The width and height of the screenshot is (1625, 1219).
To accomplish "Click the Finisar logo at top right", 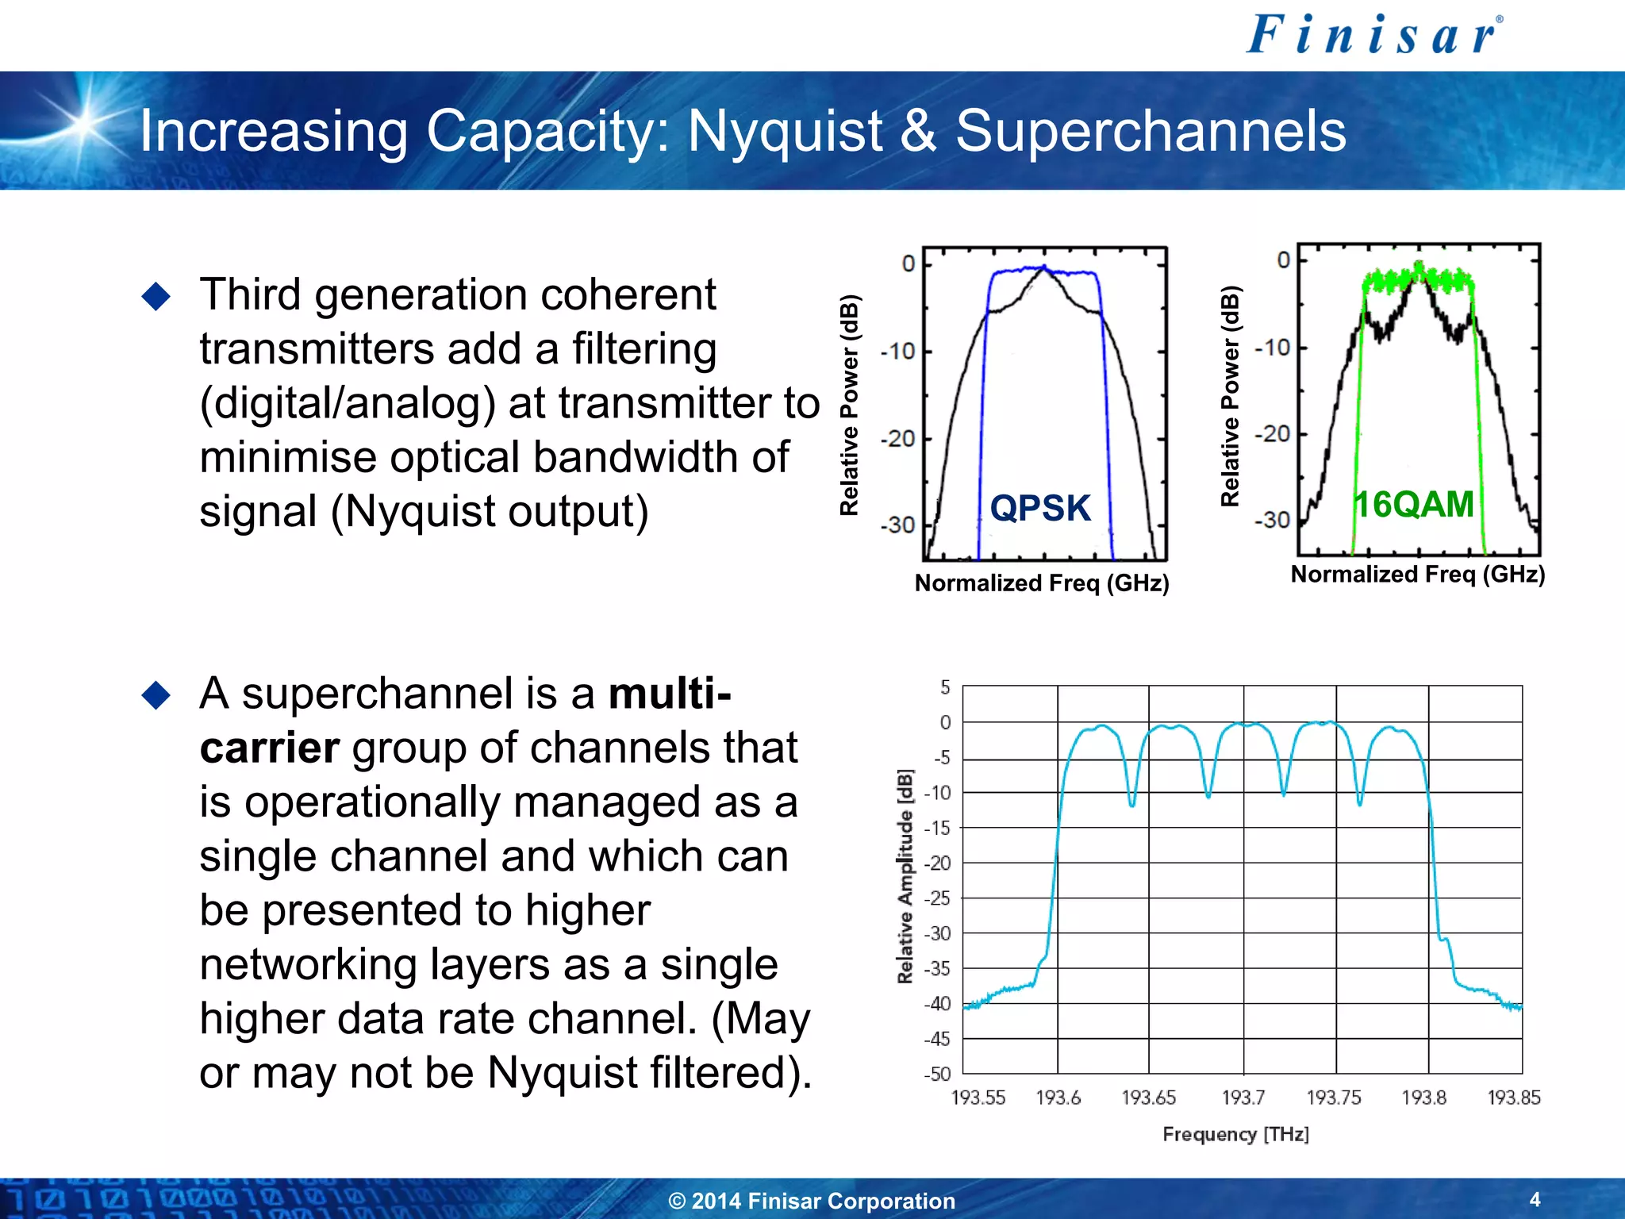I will [x=1373, y=36].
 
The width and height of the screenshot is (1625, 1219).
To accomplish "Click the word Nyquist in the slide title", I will [x=785, y=131].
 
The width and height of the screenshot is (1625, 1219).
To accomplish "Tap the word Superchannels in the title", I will [x=1151, y=131].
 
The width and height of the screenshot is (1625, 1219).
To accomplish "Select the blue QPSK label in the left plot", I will [x=1040, y=508].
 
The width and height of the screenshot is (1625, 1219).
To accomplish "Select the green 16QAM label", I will [x=1413, y=504].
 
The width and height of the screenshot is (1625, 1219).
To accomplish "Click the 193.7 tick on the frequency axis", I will [x=1243, y=1098].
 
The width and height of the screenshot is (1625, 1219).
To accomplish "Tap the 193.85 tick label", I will [x=1513, y=1098].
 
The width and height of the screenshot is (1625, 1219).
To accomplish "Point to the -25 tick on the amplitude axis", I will [x=939, y=898].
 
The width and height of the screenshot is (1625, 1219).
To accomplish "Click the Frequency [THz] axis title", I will [x=1235, y=1134].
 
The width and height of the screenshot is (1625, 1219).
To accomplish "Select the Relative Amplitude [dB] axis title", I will [x=905, y=876].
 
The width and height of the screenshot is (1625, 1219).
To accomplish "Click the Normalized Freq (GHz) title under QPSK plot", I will [x=1042, y=583].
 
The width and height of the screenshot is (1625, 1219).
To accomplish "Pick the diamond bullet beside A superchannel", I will [x=156, y=695].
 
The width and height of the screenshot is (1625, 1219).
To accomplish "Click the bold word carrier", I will [x=270, y=748].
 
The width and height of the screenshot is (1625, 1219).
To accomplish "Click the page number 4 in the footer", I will [x=1535, y=1199].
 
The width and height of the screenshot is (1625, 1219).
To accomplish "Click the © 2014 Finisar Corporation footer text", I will [x=812, y=1201].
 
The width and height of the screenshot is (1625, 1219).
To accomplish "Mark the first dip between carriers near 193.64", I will [x=1132, y=803].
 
